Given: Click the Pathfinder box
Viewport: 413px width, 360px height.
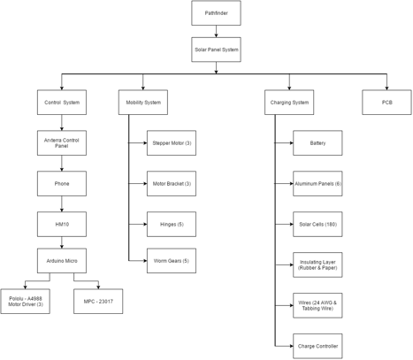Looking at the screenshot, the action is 216,13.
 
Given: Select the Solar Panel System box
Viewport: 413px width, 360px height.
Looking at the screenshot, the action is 216,50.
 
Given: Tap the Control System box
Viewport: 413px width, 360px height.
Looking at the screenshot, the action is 62,103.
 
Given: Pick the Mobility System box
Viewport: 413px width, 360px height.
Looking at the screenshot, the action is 143,103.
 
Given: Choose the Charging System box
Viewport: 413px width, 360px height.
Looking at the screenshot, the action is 289,103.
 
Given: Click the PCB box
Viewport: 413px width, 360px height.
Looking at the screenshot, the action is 386,103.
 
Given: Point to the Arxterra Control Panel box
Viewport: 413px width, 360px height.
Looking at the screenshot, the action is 62,143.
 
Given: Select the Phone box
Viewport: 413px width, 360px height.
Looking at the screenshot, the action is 62,184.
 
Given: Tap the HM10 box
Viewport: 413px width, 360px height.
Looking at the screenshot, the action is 62,224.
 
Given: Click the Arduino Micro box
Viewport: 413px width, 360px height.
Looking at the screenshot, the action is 62,261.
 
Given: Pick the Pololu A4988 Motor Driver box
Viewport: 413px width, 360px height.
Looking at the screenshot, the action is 26,302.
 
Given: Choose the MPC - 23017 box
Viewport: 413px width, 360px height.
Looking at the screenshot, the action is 98,302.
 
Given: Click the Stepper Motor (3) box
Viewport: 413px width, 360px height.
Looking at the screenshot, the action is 172,143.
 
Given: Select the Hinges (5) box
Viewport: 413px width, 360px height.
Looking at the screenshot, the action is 172,224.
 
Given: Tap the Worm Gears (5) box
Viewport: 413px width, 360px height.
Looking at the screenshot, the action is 172,261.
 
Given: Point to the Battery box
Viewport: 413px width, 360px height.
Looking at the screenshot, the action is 317,143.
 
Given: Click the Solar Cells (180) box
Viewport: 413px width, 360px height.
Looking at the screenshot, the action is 317,224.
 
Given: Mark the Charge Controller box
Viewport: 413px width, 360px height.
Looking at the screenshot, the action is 317,346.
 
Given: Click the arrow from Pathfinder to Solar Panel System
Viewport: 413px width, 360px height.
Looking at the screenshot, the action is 216,31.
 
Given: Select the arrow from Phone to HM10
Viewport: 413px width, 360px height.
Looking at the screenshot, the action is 62,203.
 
